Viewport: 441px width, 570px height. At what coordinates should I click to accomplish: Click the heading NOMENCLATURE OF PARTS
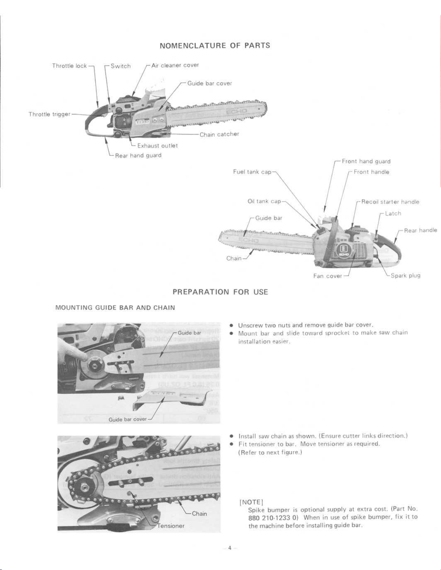click(214, 46)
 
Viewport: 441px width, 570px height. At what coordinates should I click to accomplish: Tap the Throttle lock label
click(69, 66)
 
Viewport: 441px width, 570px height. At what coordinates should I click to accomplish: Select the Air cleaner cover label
click(175, 65)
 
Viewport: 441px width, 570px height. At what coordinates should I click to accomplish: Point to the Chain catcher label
click(219, 134)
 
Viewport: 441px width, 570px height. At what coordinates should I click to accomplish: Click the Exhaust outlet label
click(158, 146)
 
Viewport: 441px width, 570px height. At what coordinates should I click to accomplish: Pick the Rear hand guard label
click(138, 155)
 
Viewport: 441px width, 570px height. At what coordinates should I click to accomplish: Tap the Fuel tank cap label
click(252, 172)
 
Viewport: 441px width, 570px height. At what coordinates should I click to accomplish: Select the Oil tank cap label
click(264, 201)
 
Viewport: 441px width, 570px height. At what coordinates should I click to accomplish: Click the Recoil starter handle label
click(390, 202)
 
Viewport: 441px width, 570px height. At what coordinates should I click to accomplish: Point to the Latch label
click(393, 213)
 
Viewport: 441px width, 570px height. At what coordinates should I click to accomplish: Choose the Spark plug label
click(405, 276)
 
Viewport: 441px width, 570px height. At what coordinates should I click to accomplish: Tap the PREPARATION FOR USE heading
click(220, 292)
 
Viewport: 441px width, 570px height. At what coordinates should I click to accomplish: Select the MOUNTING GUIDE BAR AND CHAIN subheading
click(115, 308)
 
